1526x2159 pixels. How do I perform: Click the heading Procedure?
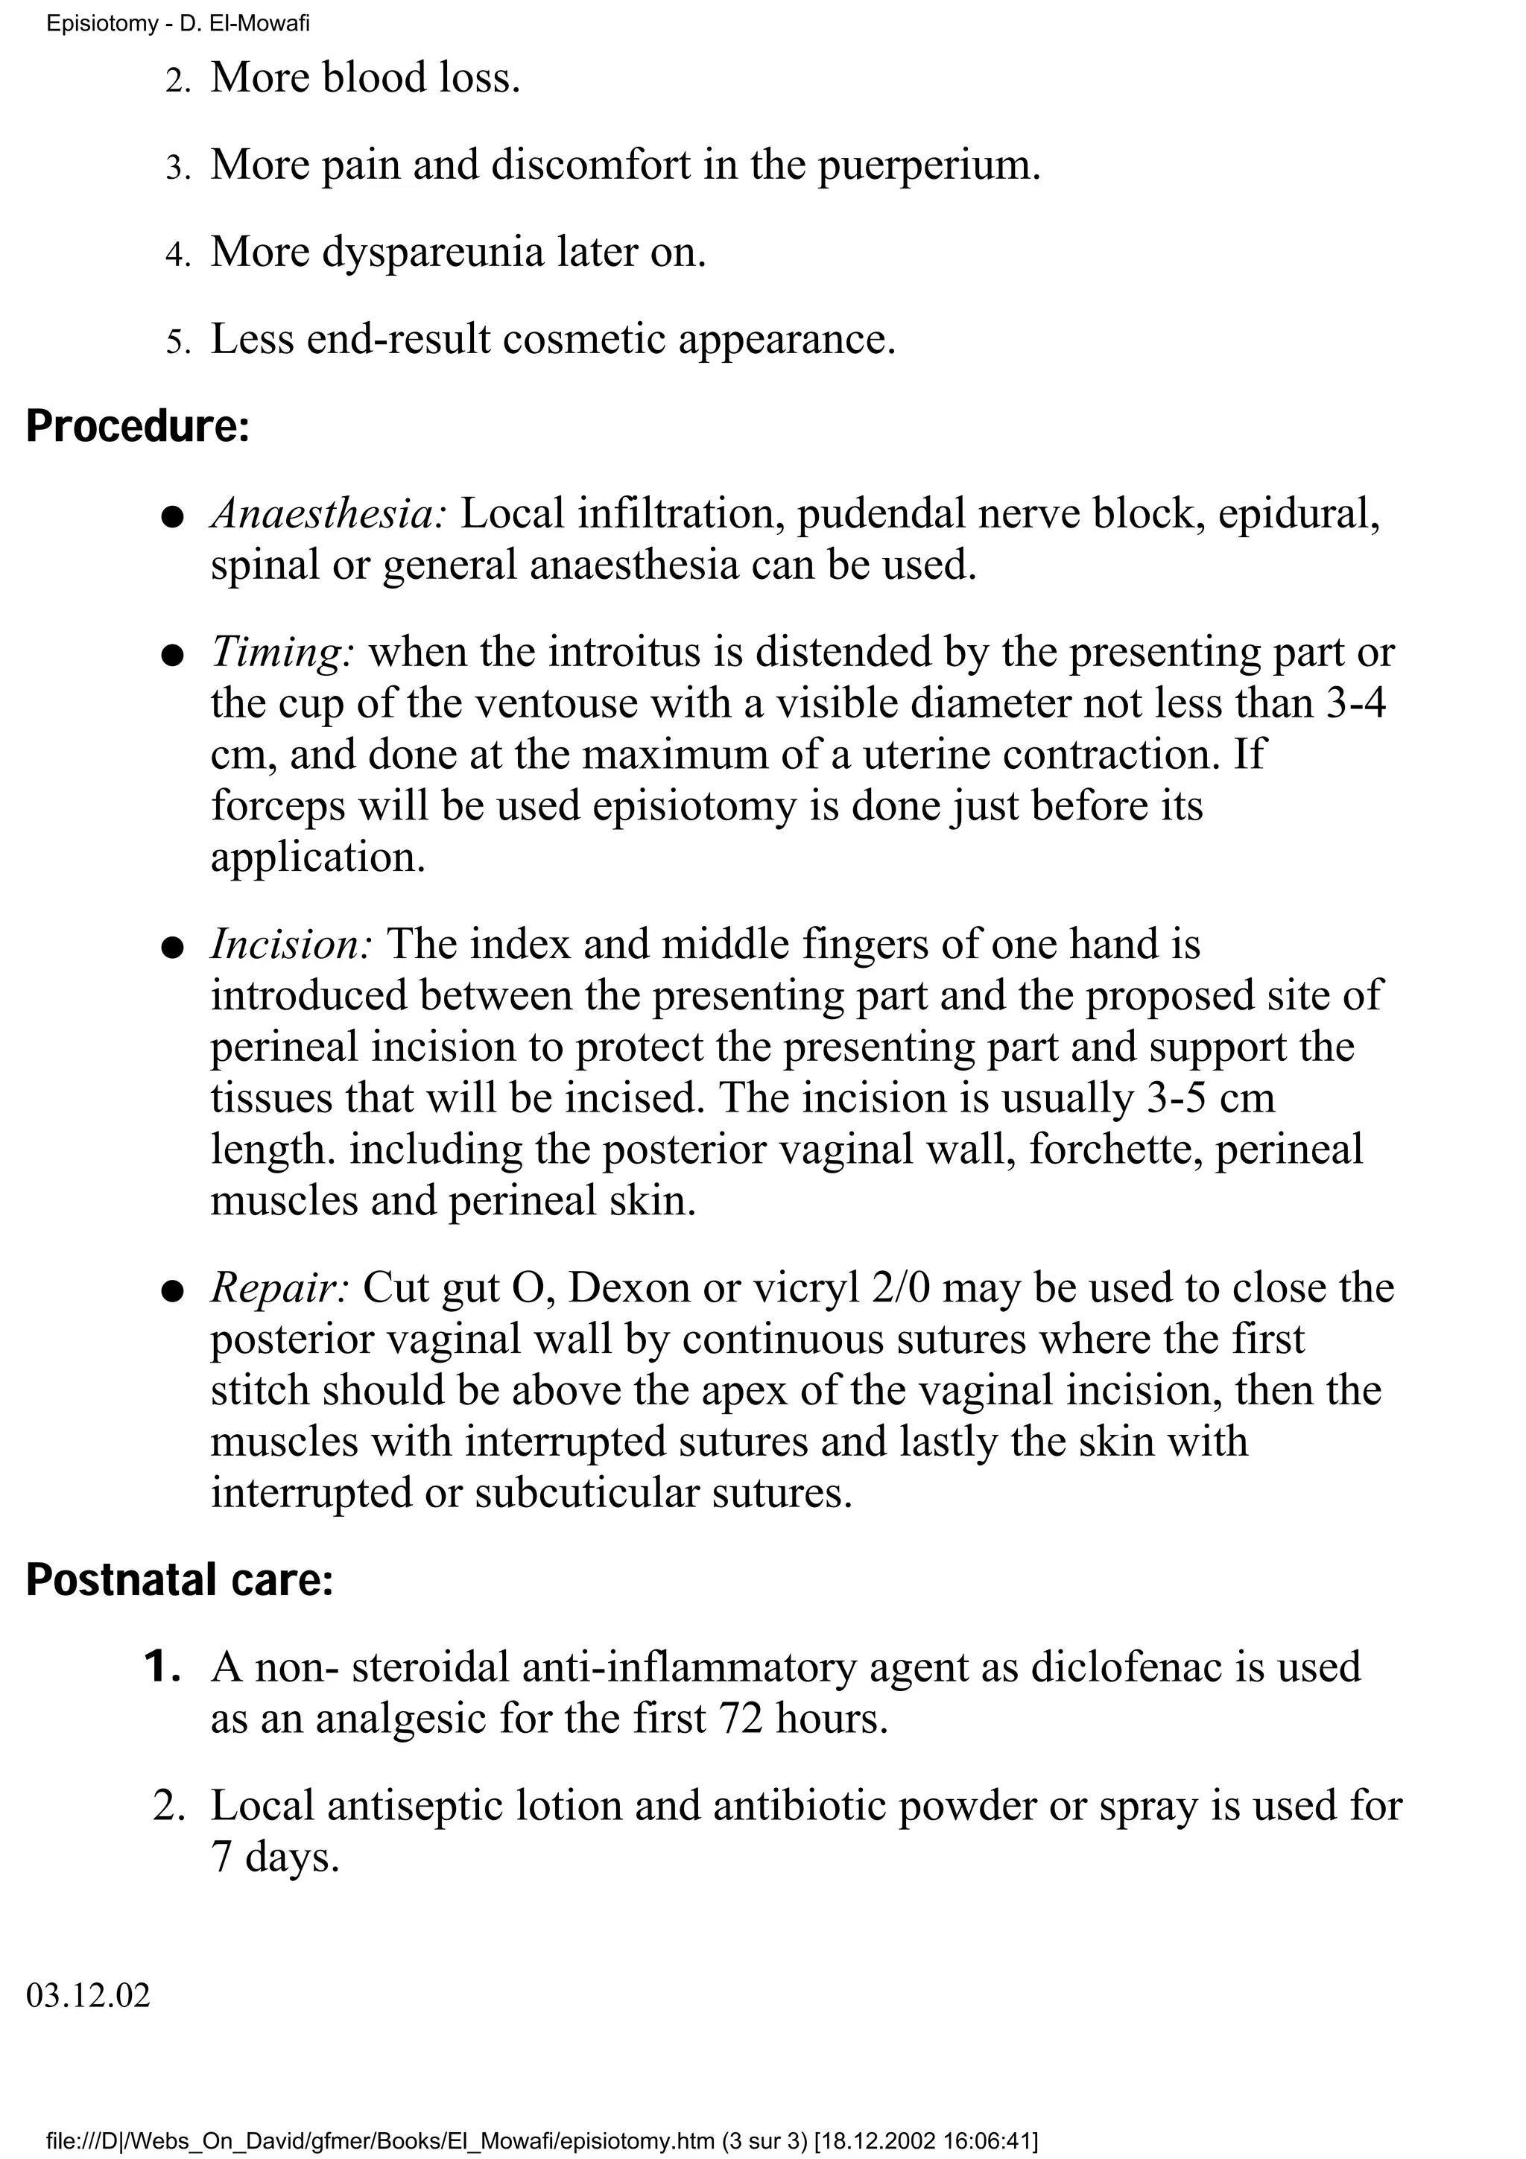point(138,426)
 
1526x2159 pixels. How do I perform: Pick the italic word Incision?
point(291,944)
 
